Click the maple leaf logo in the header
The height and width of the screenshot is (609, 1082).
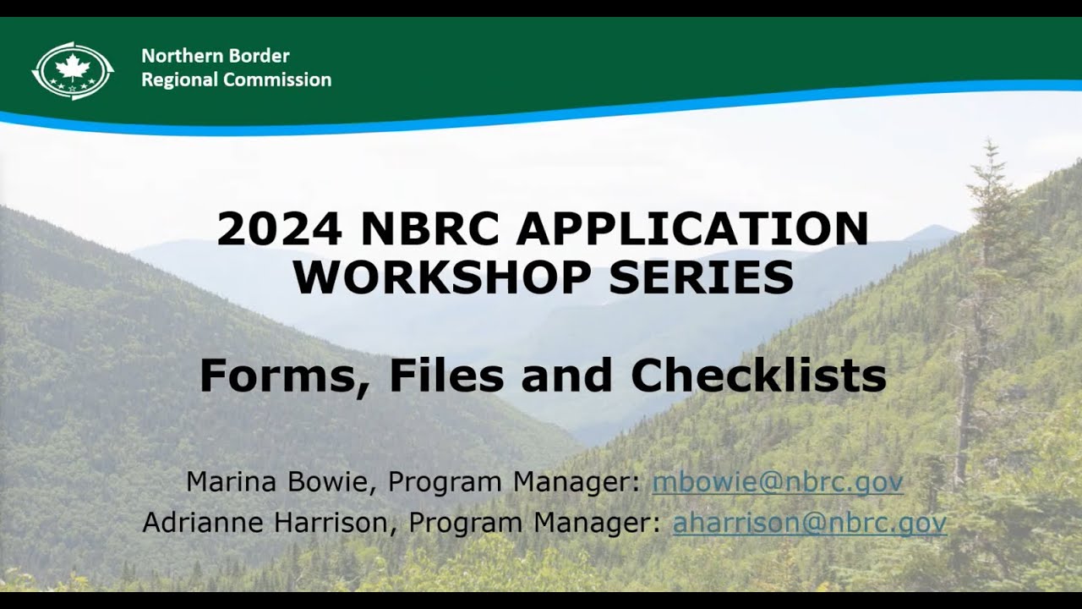(73, 71)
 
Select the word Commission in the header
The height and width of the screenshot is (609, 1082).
(277, 80)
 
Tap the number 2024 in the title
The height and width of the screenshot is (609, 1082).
(279, 228)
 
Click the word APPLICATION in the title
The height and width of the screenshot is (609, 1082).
(692, 228)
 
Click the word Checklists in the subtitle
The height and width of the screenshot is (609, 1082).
(758, 376)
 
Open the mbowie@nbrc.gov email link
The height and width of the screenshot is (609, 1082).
(777, 482)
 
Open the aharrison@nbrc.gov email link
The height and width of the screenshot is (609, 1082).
(809, 523)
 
